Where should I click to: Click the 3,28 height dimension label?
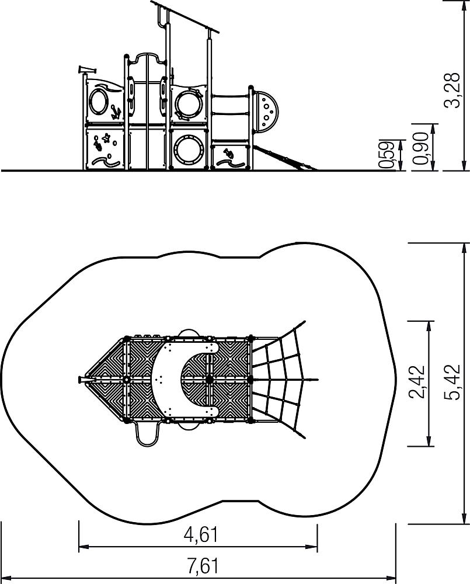(x=453, y=91)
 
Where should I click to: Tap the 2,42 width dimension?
(x=416, y=382)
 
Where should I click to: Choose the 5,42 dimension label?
(x=453, y=383)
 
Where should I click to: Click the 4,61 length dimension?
(x=201, y=535)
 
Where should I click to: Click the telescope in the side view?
(x=87, y=69)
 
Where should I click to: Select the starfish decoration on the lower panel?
(x=106, y=138)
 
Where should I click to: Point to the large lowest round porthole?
(x=189, y=150)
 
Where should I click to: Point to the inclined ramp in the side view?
(x=285, y=158)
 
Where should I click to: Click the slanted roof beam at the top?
(x=185, y=17)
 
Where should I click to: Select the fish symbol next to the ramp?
(x=228, y=152)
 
